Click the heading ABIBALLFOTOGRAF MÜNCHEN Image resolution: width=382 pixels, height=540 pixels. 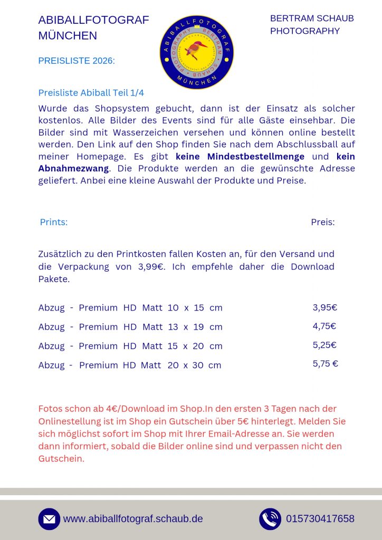point(93,28)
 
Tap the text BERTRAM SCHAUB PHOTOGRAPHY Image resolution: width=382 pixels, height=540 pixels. point(311,25)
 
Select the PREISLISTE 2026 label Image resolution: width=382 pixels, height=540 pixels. point(77,61)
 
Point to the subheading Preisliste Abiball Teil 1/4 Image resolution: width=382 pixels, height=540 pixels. point(91,93)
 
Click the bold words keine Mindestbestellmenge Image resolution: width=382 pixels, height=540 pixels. point(240,157)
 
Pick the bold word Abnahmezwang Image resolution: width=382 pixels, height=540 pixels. point(73,169)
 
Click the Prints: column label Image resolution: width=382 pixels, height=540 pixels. point(54,222)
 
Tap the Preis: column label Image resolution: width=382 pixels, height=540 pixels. point(322,222)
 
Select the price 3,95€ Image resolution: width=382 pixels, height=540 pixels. point(324,307)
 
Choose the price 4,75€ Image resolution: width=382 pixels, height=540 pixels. point(324,326)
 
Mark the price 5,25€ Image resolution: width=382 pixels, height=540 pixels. point(324,345)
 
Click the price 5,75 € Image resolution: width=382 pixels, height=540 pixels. point(325,363)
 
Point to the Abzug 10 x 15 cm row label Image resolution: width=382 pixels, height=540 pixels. point(130,308)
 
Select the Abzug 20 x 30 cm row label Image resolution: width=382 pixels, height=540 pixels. point(130,365)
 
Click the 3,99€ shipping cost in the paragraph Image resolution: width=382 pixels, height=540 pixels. point(150,267)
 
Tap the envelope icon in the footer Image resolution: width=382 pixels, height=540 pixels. point(49,519)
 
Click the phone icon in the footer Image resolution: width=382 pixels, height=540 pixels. point(270,519)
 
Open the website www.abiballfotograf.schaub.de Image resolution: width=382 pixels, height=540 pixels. point(133,519)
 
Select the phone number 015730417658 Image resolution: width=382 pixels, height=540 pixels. point(320,519)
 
